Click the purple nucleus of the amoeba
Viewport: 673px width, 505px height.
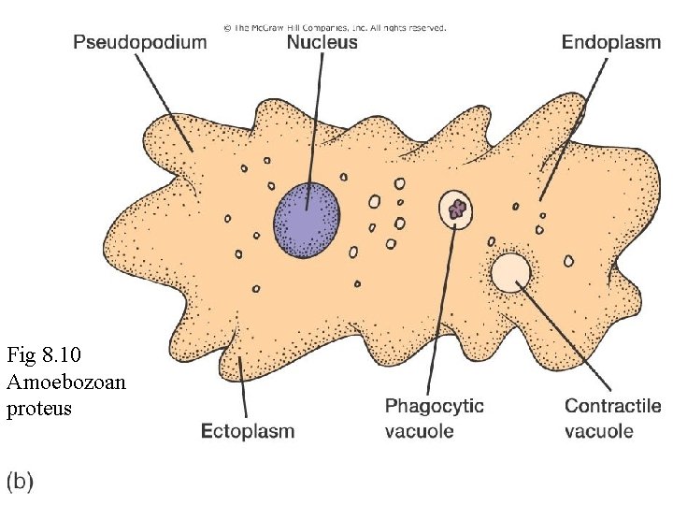[x=307, y=221]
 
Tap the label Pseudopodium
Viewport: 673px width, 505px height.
[x=139, y=43]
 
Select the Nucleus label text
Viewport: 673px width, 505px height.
[x=322, y=43]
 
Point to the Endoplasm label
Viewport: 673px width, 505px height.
[x=611, y=43]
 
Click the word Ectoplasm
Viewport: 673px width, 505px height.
[x=249, y=431]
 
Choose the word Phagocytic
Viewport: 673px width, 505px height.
[x=436, y=407]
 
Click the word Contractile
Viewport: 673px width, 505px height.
[x=612, y=407]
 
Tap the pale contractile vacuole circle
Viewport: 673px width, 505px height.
[x=511, y=273]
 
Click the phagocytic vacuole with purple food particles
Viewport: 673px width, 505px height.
[x=457, y=209]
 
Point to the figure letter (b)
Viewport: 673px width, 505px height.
[x=21, y=482]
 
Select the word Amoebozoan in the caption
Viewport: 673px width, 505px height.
[x=66, y=382]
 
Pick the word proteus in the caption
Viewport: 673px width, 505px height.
[x=39, y=410]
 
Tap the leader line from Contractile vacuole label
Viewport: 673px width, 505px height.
[x=566, y=337]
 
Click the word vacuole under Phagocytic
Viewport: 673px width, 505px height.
[x=420, y=431]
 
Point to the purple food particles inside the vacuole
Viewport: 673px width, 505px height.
[x=457, y=209]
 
